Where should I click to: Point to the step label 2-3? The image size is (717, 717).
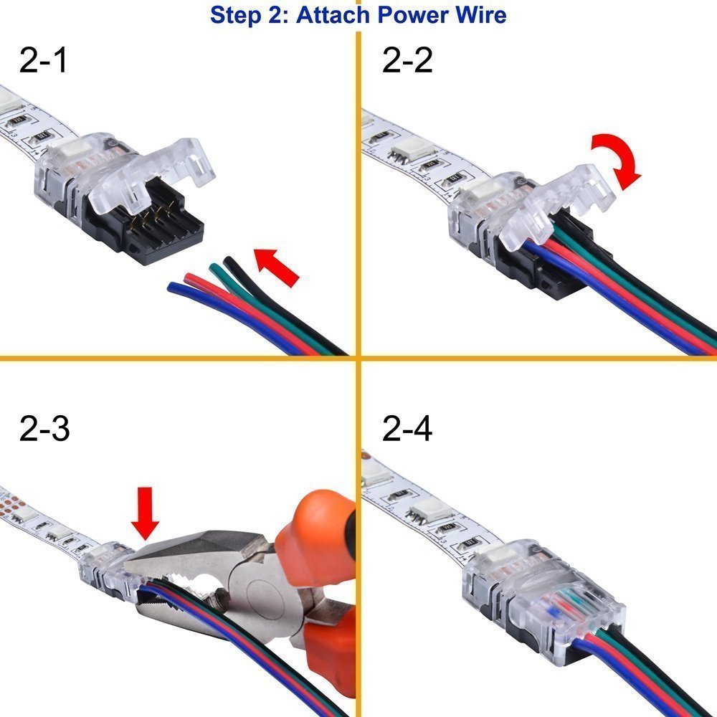pyautogui.click(x=44, y=429)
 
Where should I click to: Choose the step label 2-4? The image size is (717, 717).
pyautogui.click(x=407, y=429)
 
